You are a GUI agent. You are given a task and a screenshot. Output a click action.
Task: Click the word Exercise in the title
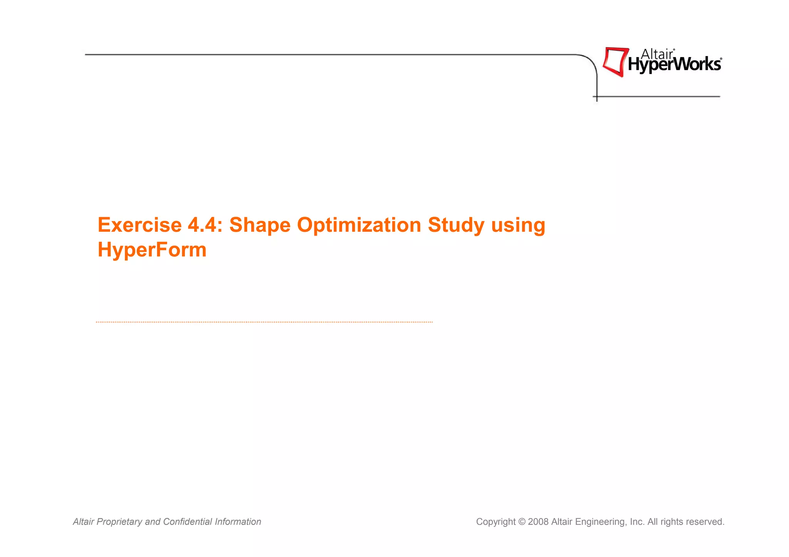(x=139, y=225)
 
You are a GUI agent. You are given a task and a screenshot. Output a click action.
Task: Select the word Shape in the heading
(x=260, y=226)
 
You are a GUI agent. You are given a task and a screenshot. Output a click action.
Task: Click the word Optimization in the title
(x=359, y=226)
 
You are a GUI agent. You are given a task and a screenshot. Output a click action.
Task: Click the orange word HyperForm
(x=152, y=250)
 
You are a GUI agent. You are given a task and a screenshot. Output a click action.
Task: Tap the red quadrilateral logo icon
(x=615, y=62)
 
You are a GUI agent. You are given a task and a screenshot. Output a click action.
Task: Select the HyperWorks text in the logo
(x=674, y=65)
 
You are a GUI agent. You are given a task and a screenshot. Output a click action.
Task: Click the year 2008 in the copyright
(x=538, y=522)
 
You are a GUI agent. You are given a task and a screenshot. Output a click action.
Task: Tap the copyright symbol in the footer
(x=522, y=522)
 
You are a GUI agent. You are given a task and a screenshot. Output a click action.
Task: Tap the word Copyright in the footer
(x=495, y=522)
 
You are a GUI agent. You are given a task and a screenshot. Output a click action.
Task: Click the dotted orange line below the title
(x=264, y=322)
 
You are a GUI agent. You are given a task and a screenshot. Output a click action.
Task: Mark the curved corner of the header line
(x=591, y=62)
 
